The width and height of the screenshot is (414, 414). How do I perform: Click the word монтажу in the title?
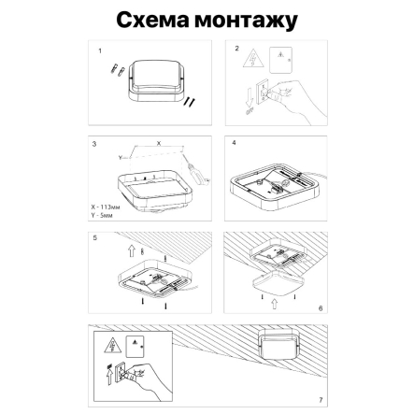(x=245, y=21)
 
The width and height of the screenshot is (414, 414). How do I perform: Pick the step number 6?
(x=321, y=307)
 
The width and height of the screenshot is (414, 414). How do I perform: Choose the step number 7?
(x=321, y=399)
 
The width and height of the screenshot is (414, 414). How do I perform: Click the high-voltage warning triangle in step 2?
(x=252, y=61)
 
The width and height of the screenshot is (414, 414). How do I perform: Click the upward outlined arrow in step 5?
(x=132, y=250)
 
